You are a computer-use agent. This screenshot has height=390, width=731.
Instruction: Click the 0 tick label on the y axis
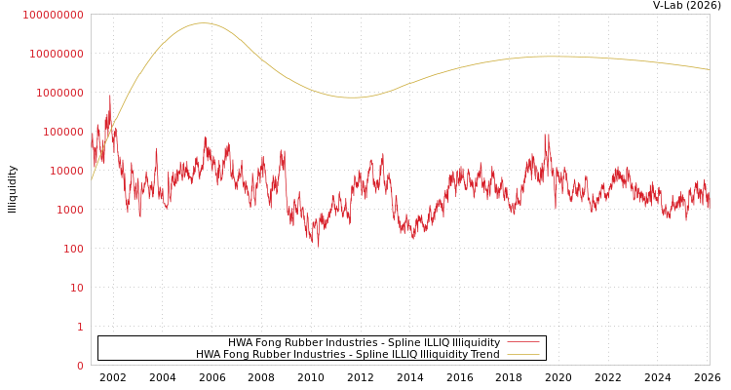[x=80, y=366]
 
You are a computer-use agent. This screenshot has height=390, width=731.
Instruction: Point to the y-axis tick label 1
[x=80, y=327]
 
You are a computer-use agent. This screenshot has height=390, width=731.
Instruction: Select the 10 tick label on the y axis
[x=76, y=288]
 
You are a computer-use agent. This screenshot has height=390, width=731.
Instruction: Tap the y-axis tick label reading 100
[x=73, y=249]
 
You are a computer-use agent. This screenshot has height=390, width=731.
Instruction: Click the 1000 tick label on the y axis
[x=70, y=210]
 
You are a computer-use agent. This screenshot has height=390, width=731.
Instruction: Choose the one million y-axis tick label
[x=60, y=93]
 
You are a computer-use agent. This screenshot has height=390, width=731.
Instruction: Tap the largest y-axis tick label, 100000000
[x=54, y=15]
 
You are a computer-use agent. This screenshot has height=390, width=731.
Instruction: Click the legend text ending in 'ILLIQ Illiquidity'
[x=364, y=342]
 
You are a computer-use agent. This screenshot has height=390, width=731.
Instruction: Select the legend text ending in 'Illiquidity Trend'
[x=347, y=354]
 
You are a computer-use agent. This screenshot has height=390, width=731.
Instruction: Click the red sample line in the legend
[x=523, y=342]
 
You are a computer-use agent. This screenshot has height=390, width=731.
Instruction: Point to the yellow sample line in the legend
[x=523, y=354]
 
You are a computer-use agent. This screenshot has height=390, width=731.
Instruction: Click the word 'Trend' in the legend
[x=483, y=354]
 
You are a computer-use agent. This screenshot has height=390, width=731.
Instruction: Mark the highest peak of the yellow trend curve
[x=202, y=23]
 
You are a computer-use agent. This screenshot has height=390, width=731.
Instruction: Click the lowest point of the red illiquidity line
[x=317, y=246]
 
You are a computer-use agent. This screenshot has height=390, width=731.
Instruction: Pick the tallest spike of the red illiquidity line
[x=109, y=96]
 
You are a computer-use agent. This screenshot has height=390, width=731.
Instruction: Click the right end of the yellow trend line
[x=709, y=69]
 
